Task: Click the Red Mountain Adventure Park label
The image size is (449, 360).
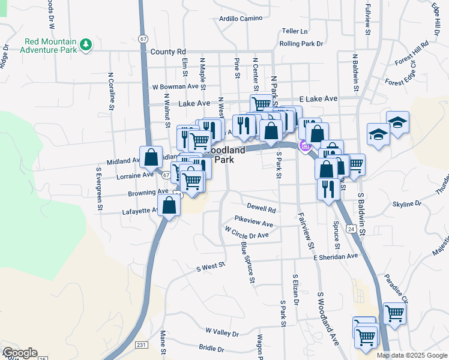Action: click(x=50, y=46)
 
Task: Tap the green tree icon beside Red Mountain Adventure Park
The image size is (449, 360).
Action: click(x=86, y=44)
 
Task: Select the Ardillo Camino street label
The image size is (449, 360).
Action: click(x=241, y=19)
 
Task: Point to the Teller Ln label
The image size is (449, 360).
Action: click(x=295, y=31)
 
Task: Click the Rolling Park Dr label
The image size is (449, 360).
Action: click(x=301, y=44)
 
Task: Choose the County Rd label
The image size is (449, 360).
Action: click(x=169, y=52)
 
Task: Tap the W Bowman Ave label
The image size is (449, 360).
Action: click(x=175, y=86)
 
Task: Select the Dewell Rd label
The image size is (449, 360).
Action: click(x=261, y=210)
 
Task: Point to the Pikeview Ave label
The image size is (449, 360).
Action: click(x=254, y=221)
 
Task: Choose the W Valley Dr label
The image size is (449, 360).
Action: click(x=222, y=332)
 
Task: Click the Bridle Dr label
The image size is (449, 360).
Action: click(x=211, y=348)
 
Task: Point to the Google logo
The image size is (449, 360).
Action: click(x=19, y=353)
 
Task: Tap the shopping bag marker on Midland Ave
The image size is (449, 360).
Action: click(x=151, y=157)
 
